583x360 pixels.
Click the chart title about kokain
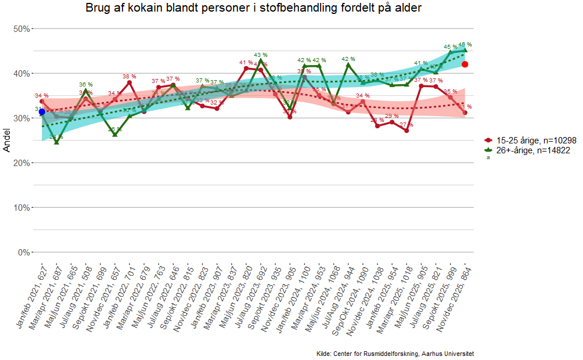tap(253, 8)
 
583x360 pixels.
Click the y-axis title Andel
tap(7, 141)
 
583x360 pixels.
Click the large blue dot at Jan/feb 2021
tap(42, 111)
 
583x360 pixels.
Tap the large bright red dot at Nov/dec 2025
tap(465, 64)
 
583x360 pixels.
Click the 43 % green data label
tap(261, 55)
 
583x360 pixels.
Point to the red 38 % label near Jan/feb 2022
tap(129, 76)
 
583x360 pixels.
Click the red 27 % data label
tap(406, 125)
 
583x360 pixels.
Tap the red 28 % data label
tap(377, 120)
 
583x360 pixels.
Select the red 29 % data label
tap(392, 116)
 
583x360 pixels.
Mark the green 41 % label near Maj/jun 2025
tap(421, 63)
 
